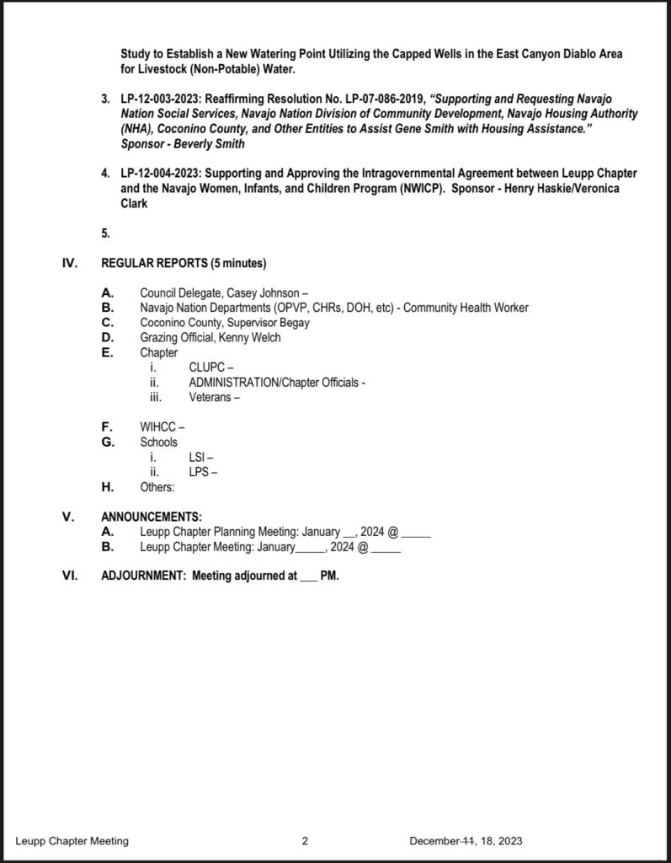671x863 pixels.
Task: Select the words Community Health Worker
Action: click(466, 308)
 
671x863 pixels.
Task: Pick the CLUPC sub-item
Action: click(207, 367)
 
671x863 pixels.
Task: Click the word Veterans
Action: click(210, 397)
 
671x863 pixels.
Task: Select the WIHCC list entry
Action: click(158, 427)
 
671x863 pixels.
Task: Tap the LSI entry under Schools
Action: click(198, 457)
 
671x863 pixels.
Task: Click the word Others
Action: click(157, 487)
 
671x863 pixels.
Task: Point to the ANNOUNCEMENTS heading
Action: click(152, 517)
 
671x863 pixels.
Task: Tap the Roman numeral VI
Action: click(71, 577)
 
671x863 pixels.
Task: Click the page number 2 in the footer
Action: click(306, 841)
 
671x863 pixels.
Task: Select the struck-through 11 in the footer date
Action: click(470, 841)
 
